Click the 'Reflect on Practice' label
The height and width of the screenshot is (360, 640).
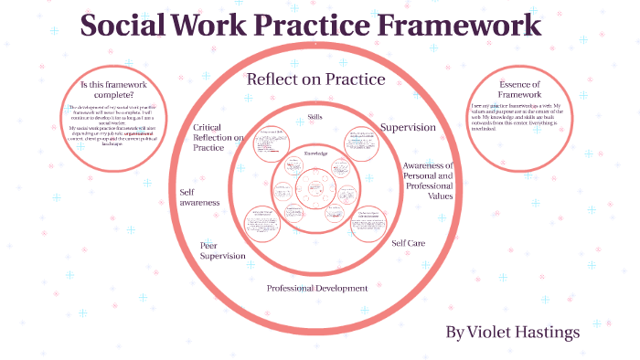315,79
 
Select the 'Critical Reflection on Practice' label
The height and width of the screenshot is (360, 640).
218,136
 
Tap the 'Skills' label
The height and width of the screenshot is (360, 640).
315,119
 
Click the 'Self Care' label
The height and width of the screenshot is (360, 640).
408,243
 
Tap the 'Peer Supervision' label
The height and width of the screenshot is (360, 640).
222,250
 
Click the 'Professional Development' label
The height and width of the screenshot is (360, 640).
316,288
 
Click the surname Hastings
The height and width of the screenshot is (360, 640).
549,330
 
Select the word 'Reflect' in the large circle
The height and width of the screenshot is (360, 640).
274,79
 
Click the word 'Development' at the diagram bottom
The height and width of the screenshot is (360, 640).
340,288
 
